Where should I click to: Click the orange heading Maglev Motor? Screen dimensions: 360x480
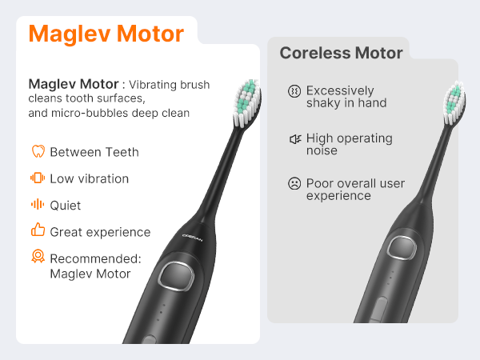coord(106,34)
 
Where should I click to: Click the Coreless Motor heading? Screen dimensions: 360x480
coord(341,54)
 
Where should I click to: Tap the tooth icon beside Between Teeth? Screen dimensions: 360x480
coord(37,152)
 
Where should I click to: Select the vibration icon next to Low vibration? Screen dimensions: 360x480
coord(37,178)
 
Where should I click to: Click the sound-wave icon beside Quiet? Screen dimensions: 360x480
coord(37,205)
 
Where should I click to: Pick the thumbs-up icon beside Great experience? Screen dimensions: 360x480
coord(37,231)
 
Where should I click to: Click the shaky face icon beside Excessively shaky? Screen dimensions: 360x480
coord(294,91)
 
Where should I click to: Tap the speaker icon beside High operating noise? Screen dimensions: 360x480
coord(294,139)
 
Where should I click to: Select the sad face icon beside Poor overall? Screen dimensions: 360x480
coord(294,184)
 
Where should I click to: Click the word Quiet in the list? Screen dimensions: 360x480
coord(66,206)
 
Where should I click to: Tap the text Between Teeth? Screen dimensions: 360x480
coord(94,152)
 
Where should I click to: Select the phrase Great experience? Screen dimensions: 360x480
coord(100,232)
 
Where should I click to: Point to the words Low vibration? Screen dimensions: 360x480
coord(89,178)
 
